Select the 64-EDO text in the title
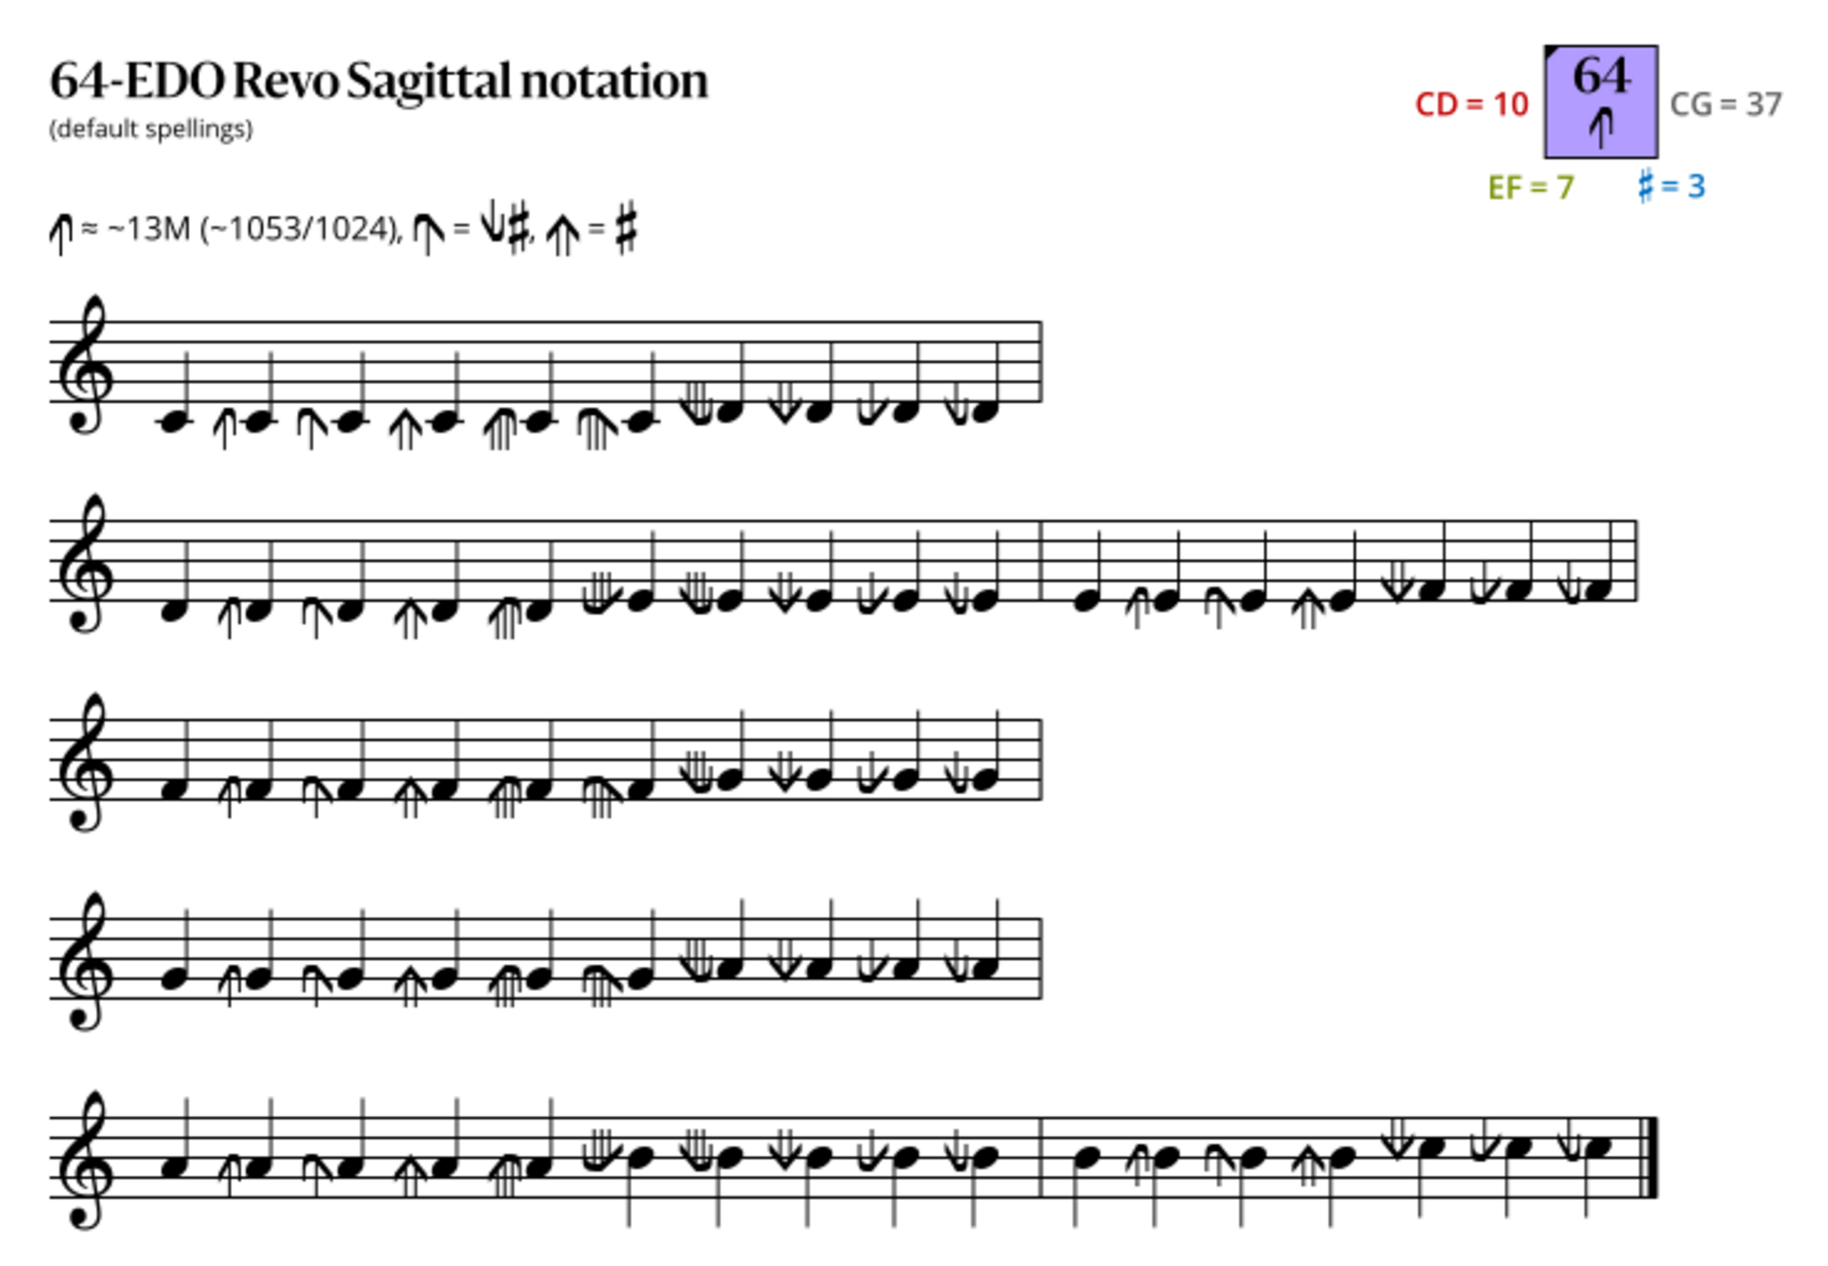click(x=137, y=81)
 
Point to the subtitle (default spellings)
click(x=151, y=129)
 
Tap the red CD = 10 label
click(x=1472, y=105)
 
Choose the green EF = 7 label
click(x=1532, y=188)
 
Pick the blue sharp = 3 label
click(x=1672, y=186)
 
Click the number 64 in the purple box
click(x=1602, y=76)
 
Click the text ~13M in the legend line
click(x=149, y=229)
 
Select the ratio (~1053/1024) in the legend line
click(x=301, y=230)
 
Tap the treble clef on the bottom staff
click(x=86, y=1160)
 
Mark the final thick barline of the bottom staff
click(x=1654, y=1157)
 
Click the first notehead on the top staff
click(x=172, y=423)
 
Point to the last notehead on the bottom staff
click(x=1597, y=1147)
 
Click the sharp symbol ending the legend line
click(x=626, y=228)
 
